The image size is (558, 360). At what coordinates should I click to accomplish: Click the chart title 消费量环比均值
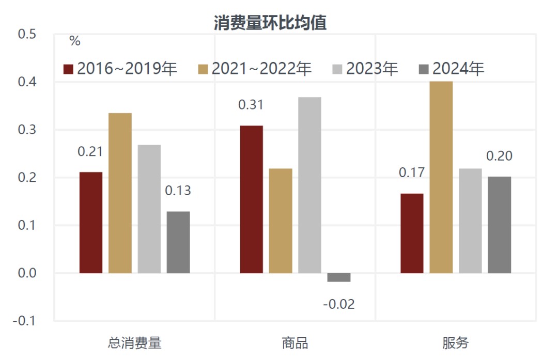(270, 23)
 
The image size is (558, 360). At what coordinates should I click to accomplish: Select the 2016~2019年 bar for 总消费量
(91, 222)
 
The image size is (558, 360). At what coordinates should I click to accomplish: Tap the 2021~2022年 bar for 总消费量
(120, 193)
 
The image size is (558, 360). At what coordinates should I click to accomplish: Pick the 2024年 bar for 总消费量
(178, 242)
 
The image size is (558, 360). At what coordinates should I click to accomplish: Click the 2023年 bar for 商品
(309, 185)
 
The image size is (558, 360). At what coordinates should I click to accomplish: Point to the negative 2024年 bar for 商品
(339, 277)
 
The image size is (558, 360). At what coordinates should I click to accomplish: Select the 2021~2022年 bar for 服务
(441, 177)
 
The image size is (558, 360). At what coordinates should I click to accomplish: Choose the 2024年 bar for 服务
(500, 225)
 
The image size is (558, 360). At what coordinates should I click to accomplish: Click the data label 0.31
(251, 105)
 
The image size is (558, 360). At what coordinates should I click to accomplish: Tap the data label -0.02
(339, 304)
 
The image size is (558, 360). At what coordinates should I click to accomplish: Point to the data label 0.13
(178, 191)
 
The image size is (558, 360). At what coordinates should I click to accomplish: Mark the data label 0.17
(412, 173)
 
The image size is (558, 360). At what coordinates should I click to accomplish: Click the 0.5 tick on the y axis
(27, 35)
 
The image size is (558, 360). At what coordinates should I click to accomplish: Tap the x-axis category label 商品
(295, 343)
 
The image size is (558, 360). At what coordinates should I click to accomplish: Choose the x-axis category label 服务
(456, 343)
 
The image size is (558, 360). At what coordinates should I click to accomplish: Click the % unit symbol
(75, 42)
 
